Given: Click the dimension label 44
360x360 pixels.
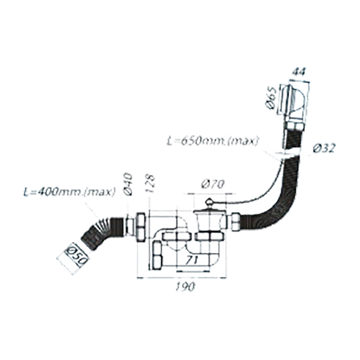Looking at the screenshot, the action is coord(299,72).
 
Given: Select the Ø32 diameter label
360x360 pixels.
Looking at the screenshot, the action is coord(324,149).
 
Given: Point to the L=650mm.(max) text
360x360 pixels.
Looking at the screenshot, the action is coord(212,141).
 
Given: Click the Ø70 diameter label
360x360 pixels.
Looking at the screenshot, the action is coord(213,184).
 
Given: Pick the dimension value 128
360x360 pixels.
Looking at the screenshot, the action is coord(151,184).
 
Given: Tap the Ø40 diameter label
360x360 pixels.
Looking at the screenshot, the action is coord(128,184).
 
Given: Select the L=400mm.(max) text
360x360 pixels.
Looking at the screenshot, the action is coord(70,192).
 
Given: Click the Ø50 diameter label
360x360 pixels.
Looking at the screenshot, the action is coord(76,254).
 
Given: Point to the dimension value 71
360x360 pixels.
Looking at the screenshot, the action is coord(192,260).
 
